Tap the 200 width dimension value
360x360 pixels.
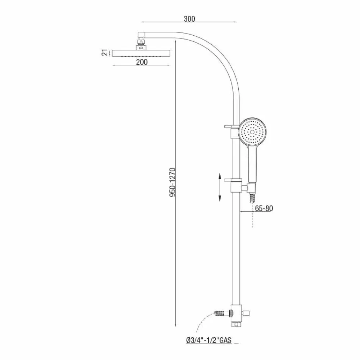[x=142, y=62]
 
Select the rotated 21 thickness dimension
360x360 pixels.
[x=105, y=53]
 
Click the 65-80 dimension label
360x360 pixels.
[x=263, y=208]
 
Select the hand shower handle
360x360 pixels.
[x=252, y=164]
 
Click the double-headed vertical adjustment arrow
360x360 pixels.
[x=220, y=187]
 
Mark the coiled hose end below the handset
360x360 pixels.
[x=252, y=198]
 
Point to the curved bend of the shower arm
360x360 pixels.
[x=220, y=58]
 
